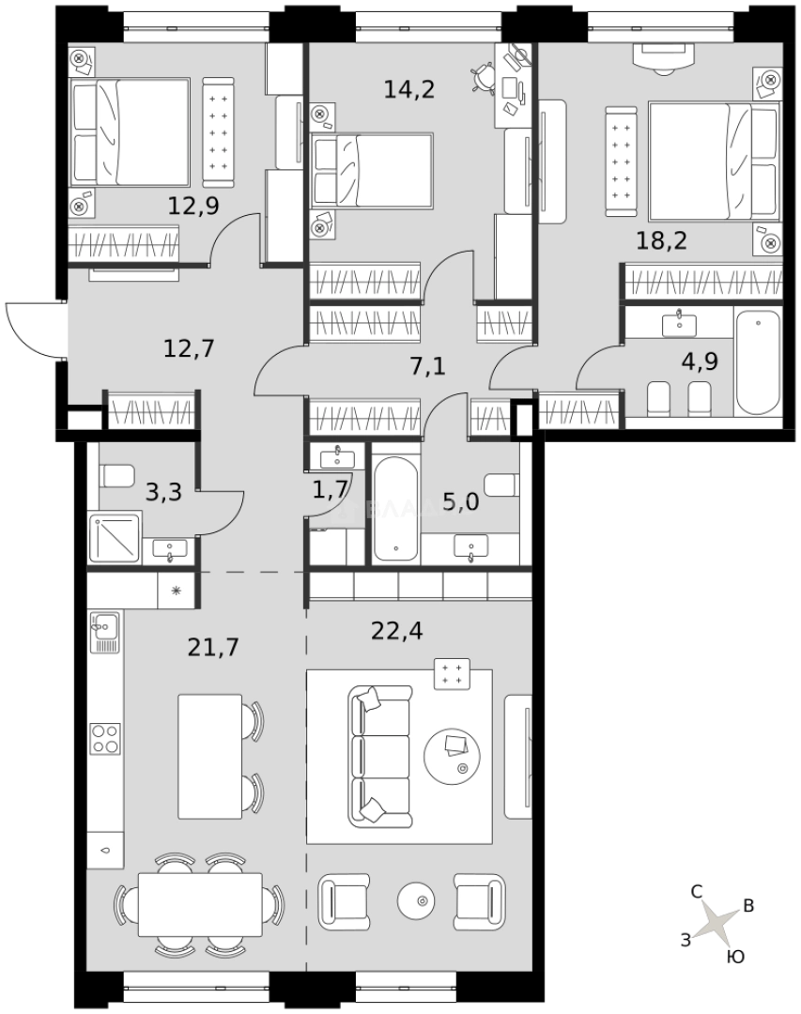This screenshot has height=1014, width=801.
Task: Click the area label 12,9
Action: [x=193, y=205]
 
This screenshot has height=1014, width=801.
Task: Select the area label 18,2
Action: [x=661, y=239]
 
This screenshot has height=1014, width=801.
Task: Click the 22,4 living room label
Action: [x=397, y=630]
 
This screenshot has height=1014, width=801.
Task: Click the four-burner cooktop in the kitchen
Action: [x=104, y=738]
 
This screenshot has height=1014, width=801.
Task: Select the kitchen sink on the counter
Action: [x=104, y=626]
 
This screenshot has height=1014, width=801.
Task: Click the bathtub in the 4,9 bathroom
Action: [x=758, y=362]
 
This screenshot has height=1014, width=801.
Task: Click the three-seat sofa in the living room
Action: [x=380, y=756]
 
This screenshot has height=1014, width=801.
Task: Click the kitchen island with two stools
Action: [x=210, y=756]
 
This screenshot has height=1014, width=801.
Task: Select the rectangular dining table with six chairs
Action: [x=200, y=903]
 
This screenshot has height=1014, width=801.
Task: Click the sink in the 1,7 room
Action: [x=336, y=458]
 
